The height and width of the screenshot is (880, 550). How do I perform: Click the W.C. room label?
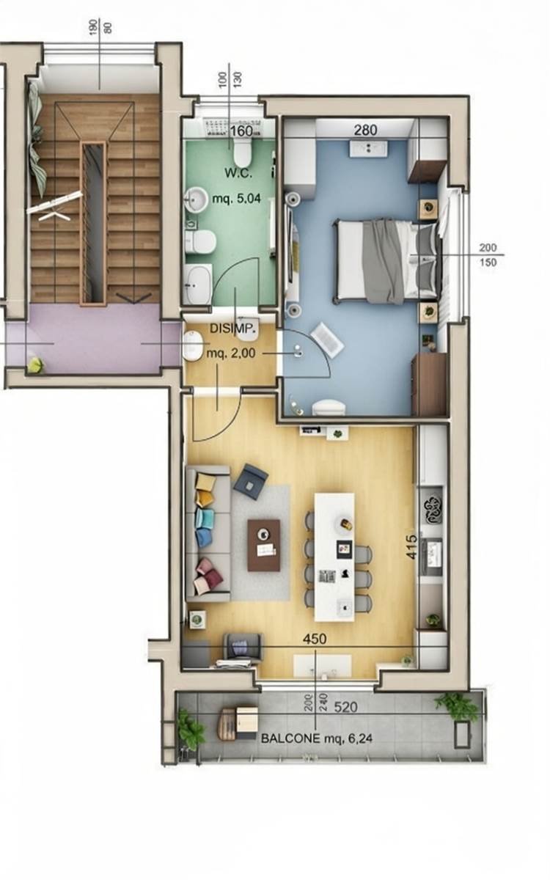[x=238, y=173]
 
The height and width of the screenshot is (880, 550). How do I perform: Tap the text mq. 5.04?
[x=236, y=199]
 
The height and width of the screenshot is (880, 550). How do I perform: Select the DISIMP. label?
[x=235, y=329]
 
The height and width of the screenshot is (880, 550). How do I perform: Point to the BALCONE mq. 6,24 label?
[x=317, y=738]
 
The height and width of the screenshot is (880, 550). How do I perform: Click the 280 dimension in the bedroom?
[x=365, y=130]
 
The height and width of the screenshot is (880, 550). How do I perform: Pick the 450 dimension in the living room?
[x=315, y=639]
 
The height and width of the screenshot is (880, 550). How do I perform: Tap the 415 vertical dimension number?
[x=411, y=547]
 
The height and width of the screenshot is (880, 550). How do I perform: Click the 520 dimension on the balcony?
[x=345, y=707]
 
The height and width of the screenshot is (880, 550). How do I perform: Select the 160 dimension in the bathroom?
[x=241, y=131]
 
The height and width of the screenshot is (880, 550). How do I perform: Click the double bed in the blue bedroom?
[x=388, y=262]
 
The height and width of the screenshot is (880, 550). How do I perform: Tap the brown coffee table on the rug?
[x=263, y=546]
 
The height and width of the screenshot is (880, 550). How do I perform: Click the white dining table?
[x=334, y=557]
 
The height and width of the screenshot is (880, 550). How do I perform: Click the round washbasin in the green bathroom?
[x=196, y=199]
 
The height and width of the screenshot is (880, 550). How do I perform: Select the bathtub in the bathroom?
[x=198, y=284]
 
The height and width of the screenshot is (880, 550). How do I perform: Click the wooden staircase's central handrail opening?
[x=94, y=224]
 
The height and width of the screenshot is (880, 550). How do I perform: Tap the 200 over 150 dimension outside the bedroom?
[x=488, y=255]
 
